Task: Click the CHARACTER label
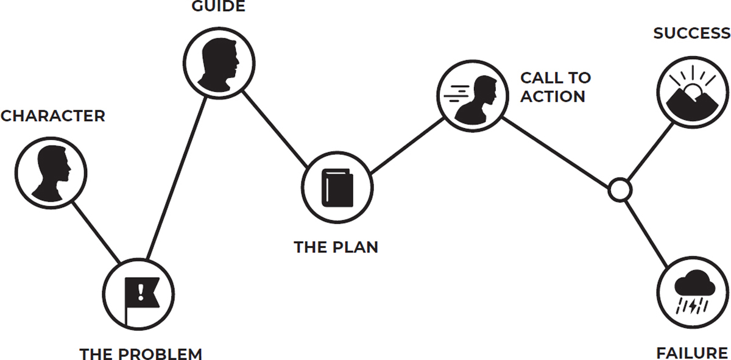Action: coord(52,116)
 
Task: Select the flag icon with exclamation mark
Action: coord(139,295)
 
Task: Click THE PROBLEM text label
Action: coord(141,353)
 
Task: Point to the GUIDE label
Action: coord(219,7)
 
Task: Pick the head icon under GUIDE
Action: coord(219,62)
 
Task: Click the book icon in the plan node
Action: coord(338,186)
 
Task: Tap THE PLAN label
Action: coord(336,247)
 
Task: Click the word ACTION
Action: coord(553,97)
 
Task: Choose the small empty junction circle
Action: coord(620,189)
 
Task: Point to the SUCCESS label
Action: coord(691,34)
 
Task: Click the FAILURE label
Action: coord(692,353)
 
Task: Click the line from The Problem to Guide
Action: coord(177,177)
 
